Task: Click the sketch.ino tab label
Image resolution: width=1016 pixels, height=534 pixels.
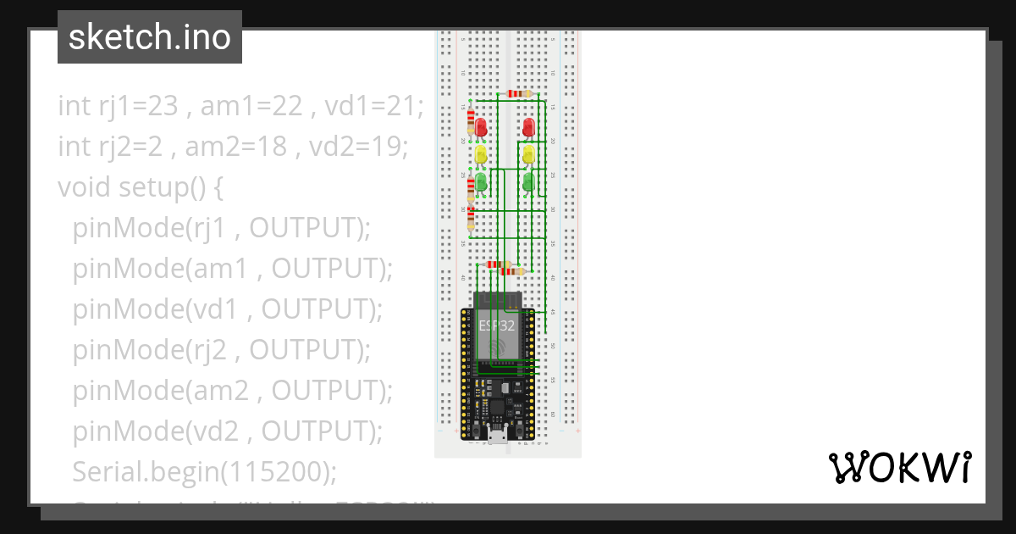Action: [x=149, y=37]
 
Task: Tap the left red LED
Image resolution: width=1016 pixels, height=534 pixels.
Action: [x=481, y=127]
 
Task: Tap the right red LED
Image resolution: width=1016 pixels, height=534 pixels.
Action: [x=529, y=127]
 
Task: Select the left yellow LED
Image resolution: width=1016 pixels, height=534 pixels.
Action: [x=481, y=154]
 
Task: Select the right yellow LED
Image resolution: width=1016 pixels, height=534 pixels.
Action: [x=529, y=154]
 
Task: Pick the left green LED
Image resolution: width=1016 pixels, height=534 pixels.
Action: [x=481, y=181]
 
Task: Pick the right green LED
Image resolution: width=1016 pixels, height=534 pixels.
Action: [x=529, y=181]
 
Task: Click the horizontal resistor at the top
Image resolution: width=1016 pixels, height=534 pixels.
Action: [x=517, y=93]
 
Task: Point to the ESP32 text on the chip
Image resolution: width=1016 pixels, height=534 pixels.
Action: [x=497, y=325]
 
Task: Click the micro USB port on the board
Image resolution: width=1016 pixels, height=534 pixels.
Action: [x=498, y=437]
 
